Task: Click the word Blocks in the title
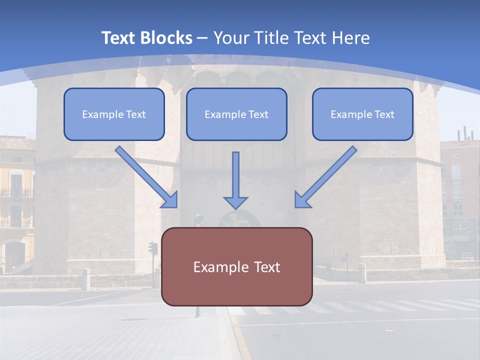tap(166, 38)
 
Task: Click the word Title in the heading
tap(272, 38)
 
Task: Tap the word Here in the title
tap(351, 38)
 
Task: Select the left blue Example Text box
tap(114, 114)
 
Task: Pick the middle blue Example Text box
tap(236, 114)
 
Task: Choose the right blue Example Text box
tap(362, 114)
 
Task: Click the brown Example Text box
tap(237, 266)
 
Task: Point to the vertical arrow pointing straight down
tap(235, 180)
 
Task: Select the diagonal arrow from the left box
tap(146, 177)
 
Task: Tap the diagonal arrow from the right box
tap(326, 177)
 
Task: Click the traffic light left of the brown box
tap(153, 248)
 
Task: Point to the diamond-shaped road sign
tap(346, 255)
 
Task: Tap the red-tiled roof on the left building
tap(17, 143)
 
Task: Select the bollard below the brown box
tap(198, 311)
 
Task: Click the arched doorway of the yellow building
tap(14, 256)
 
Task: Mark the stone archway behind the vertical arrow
tap(239, 218)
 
